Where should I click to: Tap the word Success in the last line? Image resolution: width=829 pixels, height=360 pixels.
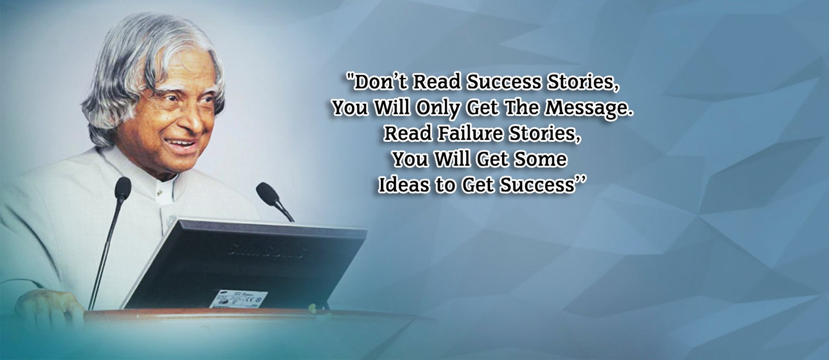(537, 185)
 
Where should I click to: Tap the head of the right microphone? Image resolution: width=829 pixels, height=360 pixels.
(267, 193)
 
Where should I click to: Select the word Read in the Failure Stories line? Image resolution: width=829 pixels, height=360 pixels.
(407, 134)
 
